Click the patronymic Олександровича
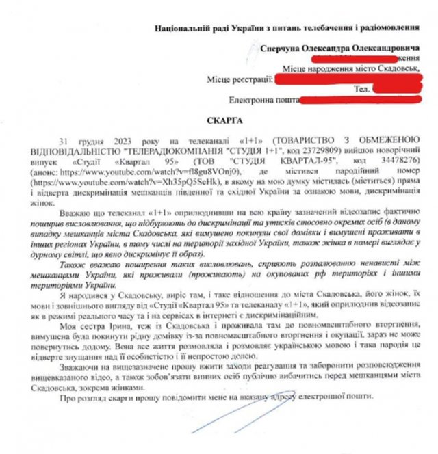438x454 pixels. [386, 49]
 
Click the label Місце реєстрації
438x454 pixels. [239, 80]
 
